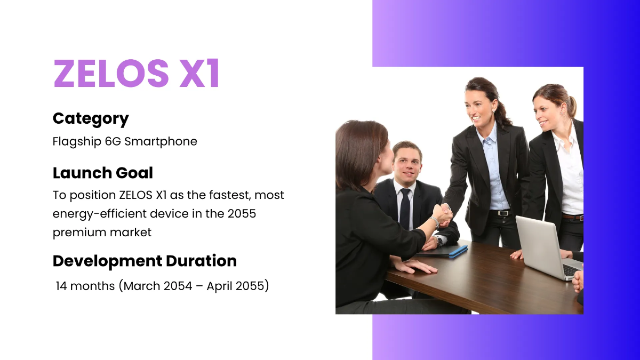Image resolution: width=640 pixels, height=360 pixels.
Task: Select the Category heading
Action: click(x=91, y=118)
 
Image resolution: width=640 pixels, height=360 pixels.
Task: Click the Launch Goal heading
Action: click(x=102, y=173)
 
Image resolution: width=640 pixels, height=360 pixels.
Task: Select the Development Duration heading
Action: click(x=145, y=261)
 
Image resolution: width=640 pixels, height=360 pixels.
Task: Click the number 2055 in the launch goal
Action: click(x=242, y=214)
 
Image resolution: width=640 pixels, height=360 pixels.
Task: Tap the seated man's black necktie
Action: click(x=405, y=208)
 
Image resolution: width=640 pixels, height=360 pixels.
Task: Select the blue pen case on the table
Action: click(x=458, y=251)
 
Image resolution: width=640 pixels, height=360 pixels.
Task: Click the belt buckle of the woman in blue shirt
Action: click(x=501, y=213)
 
